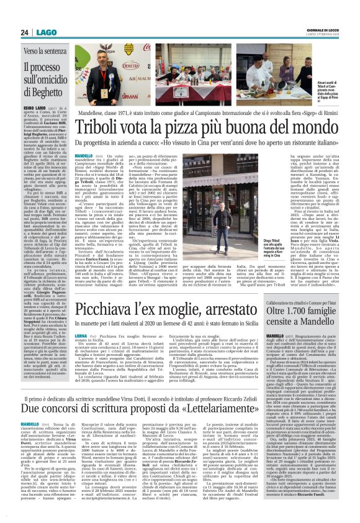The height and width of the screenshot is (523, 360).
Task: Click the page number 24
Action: coord(25,32)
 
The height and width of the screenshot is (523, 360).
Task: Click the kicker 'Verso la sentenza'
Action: coord(43,50)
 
